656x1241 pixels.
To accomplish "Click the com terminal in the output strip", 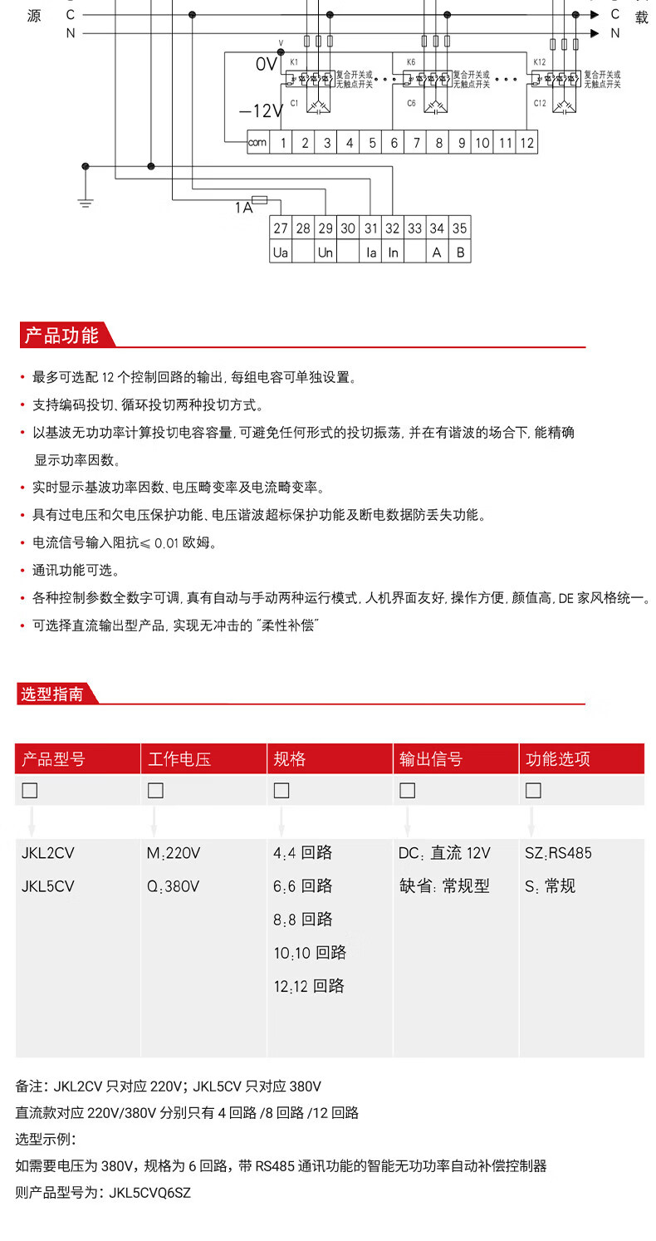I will pyautogui.click(x=257, y=143).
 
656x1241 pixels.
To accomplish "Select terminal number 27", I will pyautogui.click(x=281, y=228).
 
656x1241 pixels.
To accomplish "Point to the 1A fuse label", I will pyautogui.click(x=243, y=208).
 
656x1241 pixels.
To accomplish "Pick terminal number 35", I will pyautogui.click(x=460, y=228).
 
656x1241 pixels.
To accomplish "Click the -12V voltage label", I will pyautogui.click(x=261, y=111).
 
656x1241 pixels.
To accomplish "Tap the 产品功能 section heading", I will pyautogui.click(x=61, y=336).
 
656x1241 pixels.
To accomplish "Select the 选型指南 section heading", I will pyautogui.click(x=52, y=694).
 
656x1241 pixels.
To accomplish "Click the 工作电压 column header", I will pyautogui.click(x=179, y=759).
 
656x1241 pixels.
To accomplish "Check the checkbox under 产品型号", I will pyautogui.click(x=30, y=791).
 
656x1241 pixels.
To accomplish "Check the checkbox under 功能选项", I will pyautogui.click(x=533, y=791).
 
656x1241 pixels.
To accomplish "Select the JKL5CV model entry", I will pyautogui.click(x=48, y=886).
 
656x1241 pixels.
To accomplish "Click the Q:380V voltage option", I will pyautogui.click(x=174, y=886).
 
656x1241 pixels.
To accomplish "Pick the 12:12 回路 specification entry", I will pyautogui.click(x=309, y=986).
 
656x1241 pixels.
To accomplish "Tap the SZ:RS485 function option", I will pyautogui.click(x=559, y=853).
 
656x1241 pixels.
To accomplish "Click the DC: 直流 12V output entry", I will pyautogui.click(x=444, y=853).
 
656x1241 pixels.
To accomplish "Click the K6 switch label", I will pyautogui.click(x=411, y=62).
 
